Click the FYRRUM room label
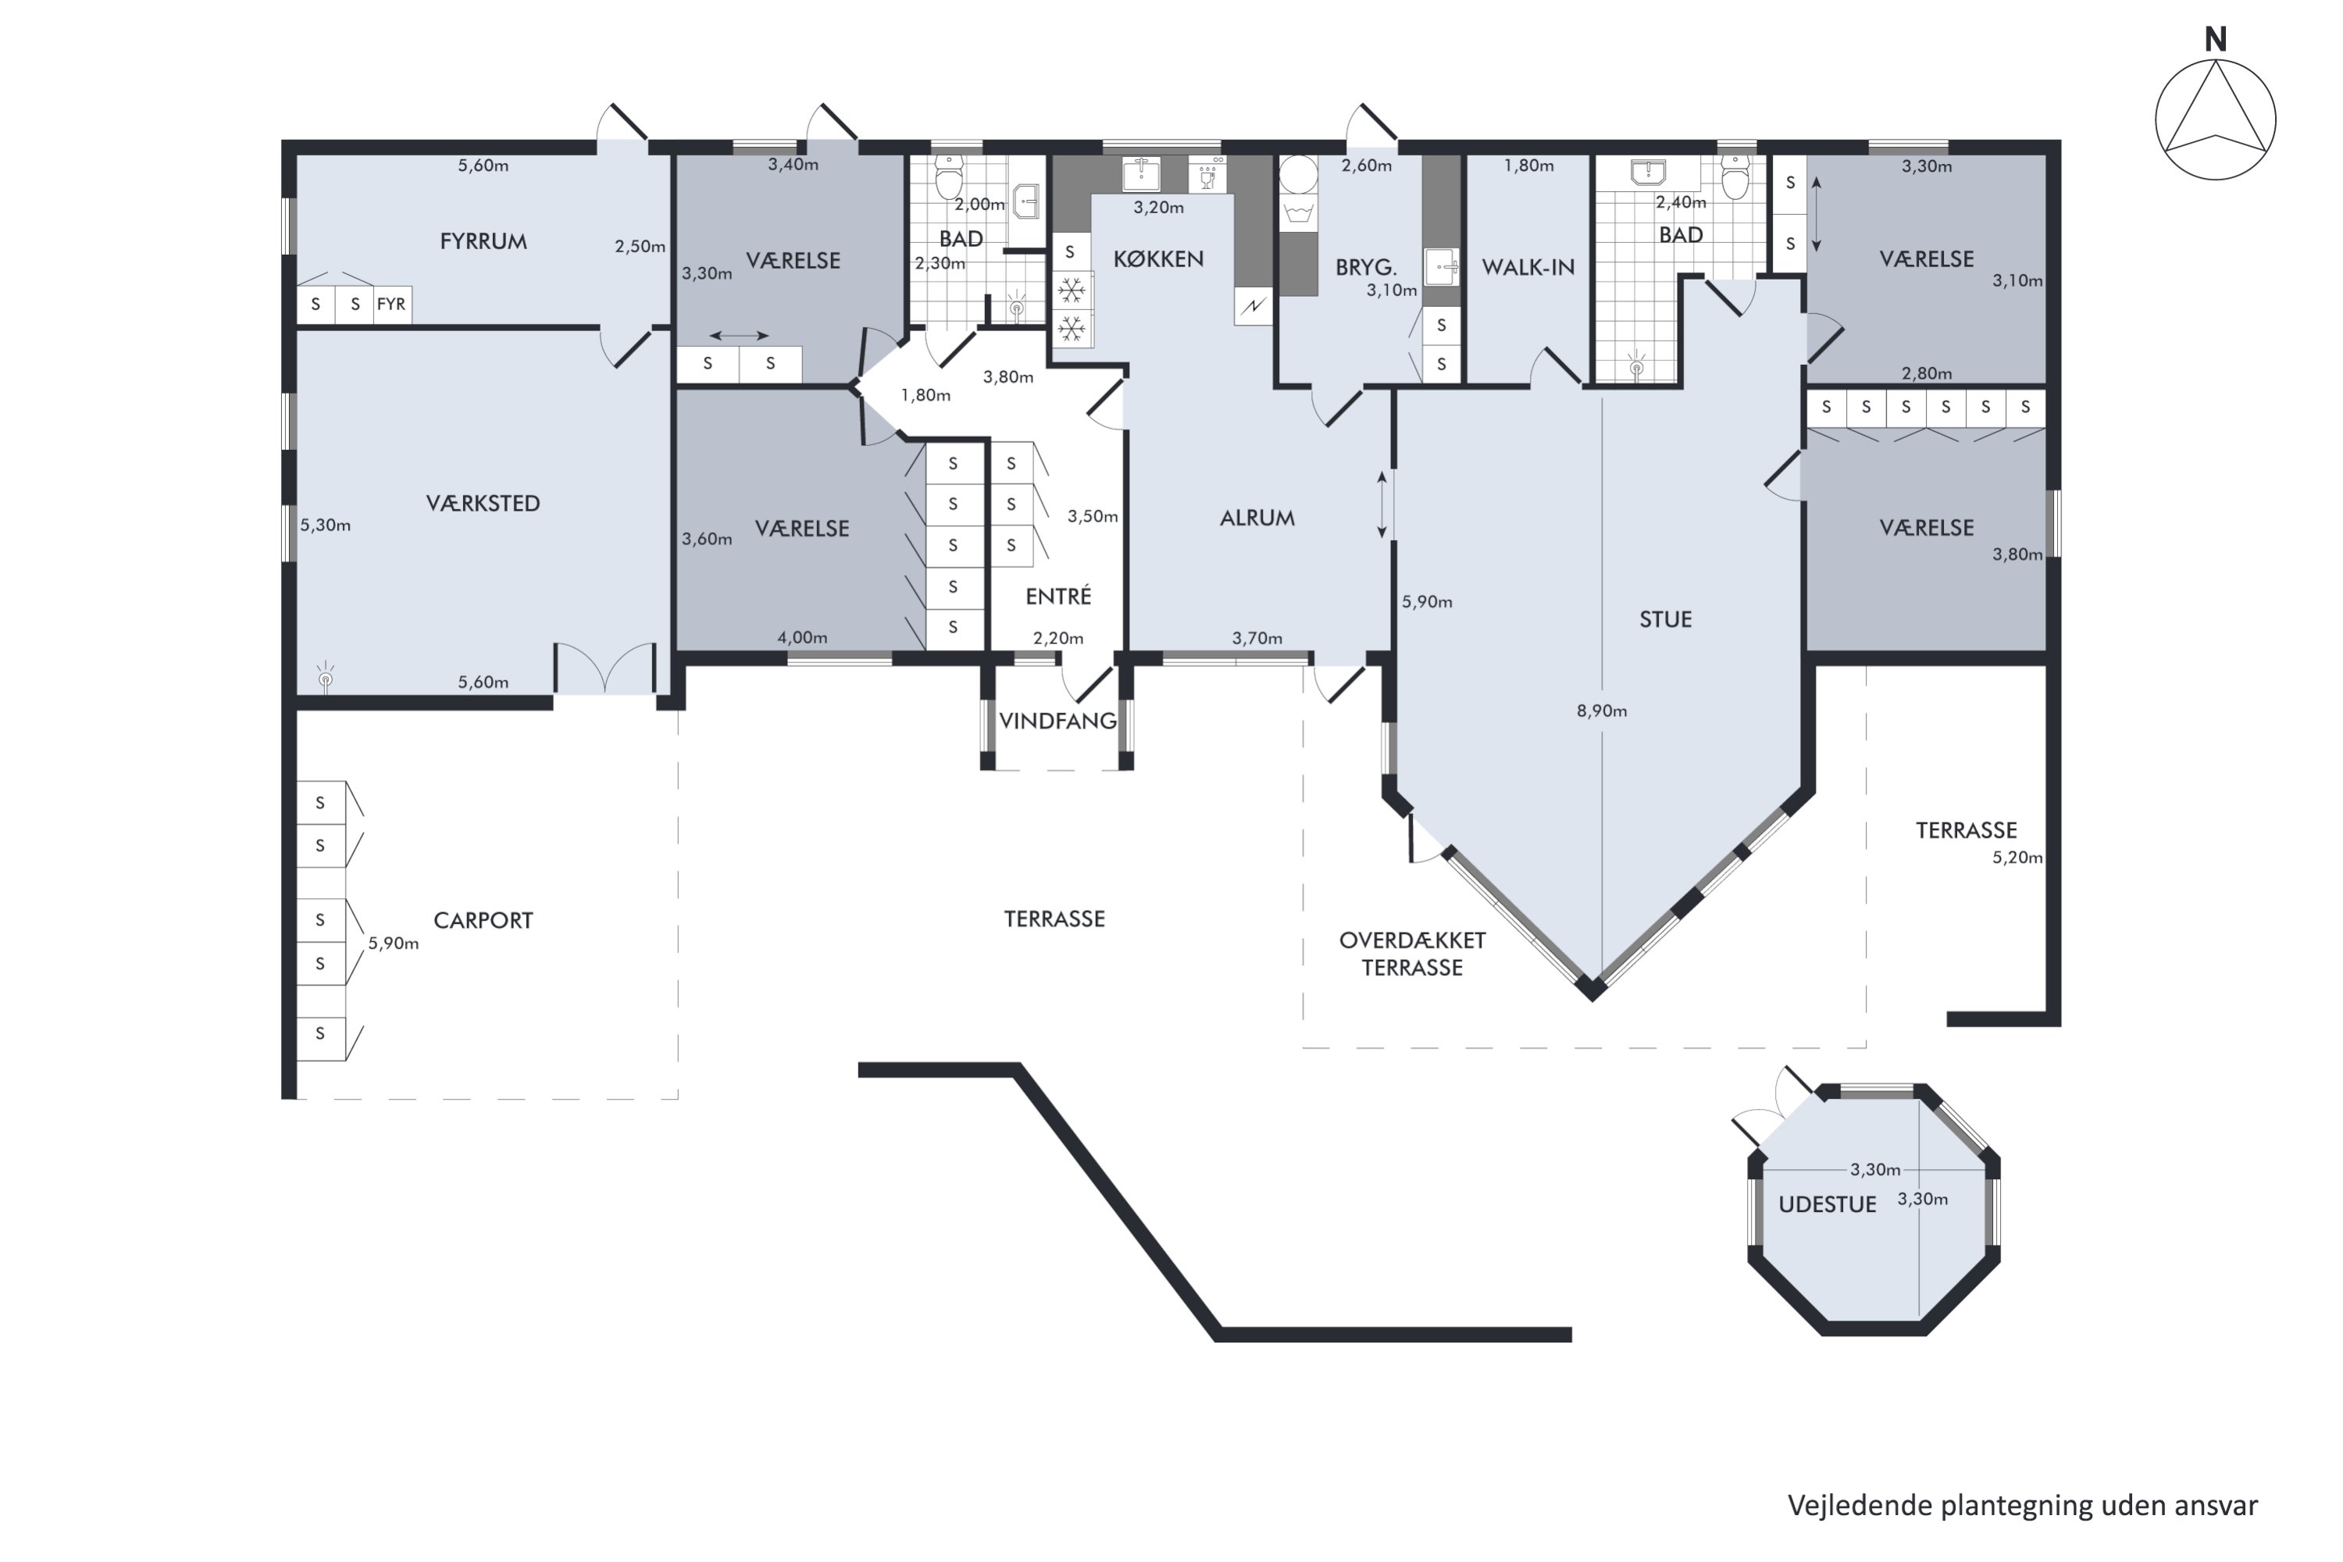pos(483,241)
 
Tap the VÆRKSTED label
pos(483,503)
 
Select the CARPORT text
pos(483,921)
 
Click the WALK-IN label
pos(1528,267)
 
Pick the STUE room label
pos(1666,619)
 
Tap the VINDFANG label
pos(1058,721)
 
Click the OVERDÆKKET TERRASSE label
pos(1413,954)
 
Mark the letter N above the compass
pos(2216,40)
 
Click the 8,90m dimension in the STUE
pos(1602,711)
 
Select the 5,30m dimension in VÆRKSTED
pos(326,525)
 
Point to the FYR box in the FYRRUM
pos(391,304)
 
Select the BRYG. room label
pos(1366,267)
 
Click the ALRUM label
pos(1257,518)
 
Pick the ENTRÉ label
pos(1058,596)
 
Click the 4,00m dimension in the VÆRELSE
pos(802,637)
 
